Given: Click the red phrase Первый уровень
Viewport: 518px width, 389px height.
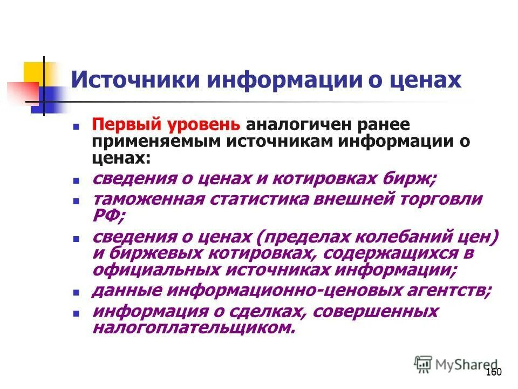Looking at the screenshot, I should (x=166, y=124).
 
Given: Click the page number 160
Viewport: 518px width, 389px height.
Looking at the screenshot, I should (x=494, y=372).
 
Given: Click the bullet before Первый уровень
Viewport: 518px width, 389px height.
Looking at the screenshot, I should (x=77, y=125).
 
